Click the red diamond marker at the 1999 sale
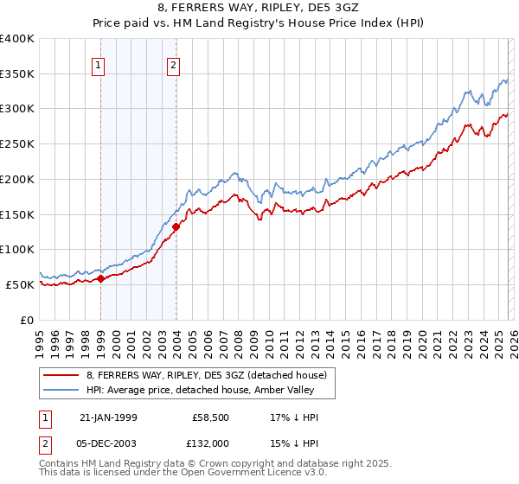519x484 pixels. [101, 278]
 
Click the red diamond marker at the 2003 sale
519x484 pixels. [176, 227]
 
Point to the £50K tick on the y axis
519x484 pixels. [19, 284]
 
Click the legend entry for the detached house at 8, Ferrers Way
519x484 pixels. [206, 375]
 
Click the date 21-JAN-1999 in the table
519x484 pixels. [110, 417]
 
